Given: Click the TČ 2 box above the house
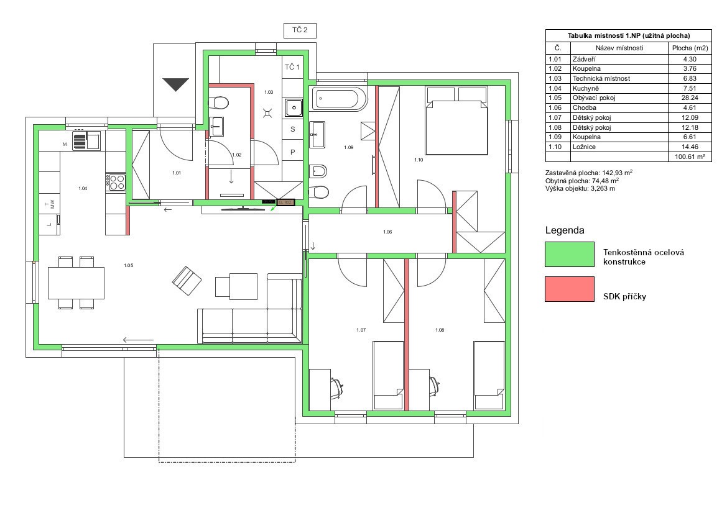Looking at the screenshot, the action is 300,30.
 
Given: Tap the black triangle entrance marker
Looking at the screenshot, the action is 176,84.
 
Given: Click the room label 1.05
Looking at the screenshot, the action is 129,265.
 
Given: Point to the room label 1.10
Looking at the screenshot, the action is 419,160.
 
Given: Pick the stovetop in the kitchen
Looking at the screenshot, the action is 116,182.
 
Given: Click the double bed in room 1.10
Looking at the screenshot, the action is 456,120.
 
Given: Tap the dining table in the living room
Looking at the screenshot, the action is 76,283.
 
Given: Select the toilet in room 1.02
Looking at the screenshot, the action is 219,102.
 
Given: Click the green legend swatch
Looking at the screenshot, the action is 570,254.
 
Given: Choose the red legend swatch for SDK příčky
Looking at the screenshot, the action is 570,289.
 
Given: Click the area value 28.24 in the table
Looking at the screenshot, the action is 690,98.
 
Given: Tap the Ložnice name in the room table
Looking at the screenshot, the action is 584,147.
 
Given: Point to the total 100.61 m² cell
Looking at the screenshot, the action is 690,157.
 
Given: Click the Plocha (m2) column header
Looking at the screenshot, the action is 690,48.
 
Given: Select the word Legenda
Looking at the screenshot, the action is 565,230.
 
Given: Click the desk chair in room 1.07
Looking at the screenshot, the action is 337,387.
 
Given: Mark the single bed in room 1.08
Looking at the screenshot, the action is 489,375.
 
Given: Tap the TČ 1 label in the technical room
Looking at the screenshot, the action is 292,67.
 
